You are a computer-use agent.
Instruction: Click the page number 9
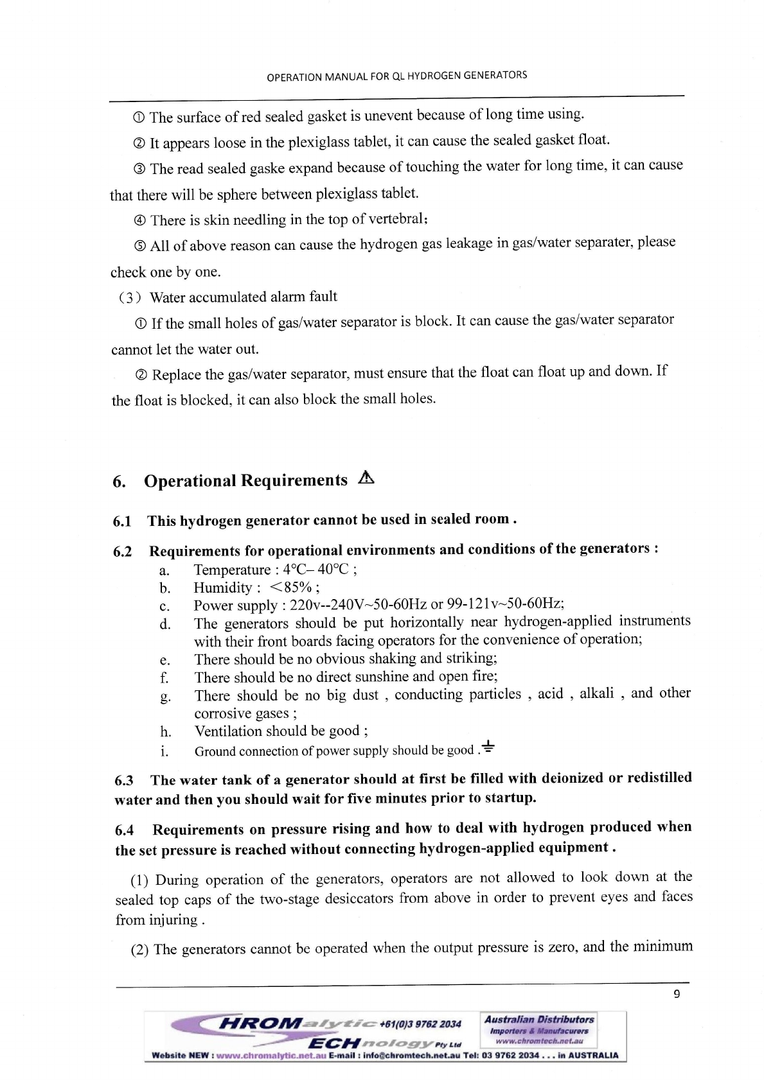[x=677, y=995]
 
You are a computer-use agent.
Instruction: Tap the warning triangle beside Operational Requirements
[x=366, y=478]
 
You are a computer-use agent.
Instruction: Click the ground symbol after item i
[x=488, y=747]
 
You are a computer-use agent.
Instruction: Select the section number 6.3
[x=124, y=781]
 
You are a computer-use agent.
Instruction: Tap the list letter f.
[x=164, y=677]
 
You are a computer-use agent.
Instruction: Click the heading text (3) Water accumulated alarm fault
[x=228, y=297]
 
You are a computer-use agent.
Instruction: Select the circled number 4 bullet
[x=139, y=221]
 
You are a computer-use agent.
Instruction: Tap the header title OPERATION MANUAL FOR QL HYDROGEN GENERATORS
[x=396, y=76]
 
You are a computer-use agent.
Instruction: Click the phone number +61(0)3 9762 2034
[x=420, y=1023]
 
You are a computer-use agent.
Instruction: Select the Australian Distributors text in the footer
[x=539, y=1019]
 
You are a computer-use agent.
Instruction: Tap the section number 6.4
[x=125, y=830]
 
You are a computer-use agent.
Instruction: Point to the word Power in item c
[x=213, y=605]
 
